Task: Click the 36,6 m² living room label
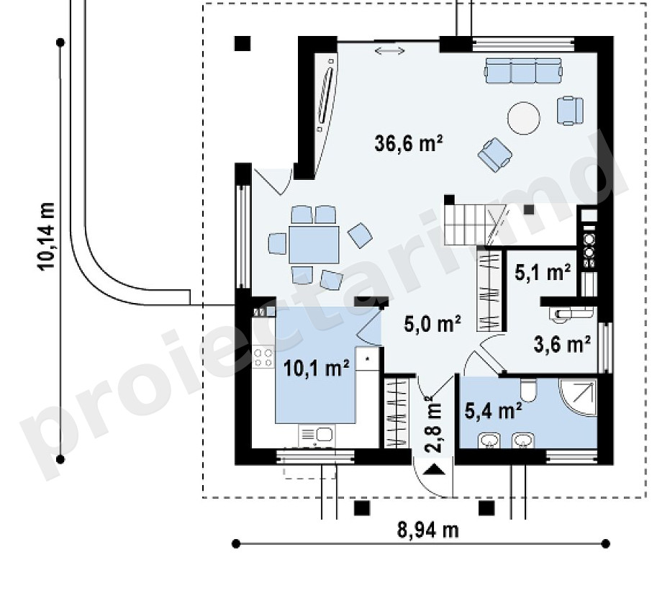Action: coord(408,143)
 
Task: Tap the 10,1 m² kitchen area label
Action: coord(316,368)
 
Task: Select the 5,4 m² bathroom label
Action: coord(493,411)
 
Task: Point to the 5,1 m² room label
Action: coord(543,273)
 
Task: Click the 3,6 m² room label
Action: coord(562,345)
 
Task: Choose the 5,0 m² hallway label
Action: coord(433,323)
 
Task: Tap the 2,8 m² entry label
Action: coord(433,424)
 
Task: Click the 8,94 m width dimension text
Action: coord(428,530)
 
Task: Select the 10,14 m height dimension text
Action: coord(46,236)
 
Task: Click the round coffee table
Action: coord(524,118)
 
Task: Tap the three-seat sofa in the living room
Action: coord(524,71)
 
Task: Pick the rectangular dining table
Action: coord(314,245)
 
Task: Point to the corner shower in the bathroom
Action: coord(579,397)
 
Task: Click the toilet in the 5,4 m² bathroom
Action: coord(528,390)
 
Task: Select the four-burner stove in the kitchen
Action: coord(263,358)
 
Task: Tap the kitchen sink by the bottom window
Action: coord(317,435)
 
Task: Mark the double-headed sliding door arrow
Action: coord(389,51)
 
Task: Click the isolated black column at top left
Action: coord(243,43)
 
